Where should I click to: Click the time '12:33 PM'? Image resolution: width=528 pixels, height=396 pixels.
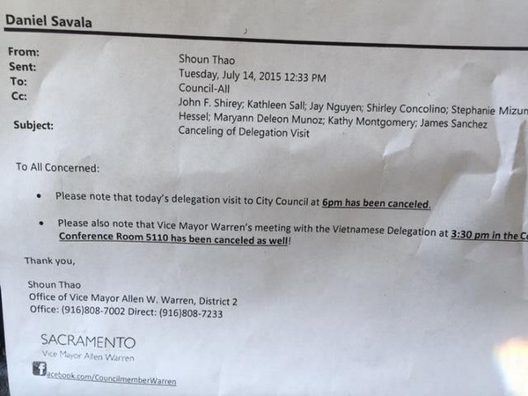pos(303,76)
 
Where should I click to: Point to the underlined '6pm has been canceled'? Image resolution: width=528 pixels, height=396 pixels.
pos(376,203)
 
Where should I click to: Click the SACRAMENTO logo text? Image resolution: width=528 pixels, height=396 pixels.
pos(88,341)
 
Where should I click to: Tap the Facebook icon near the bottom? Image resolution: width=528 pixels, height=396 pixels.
pos(39,370)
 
